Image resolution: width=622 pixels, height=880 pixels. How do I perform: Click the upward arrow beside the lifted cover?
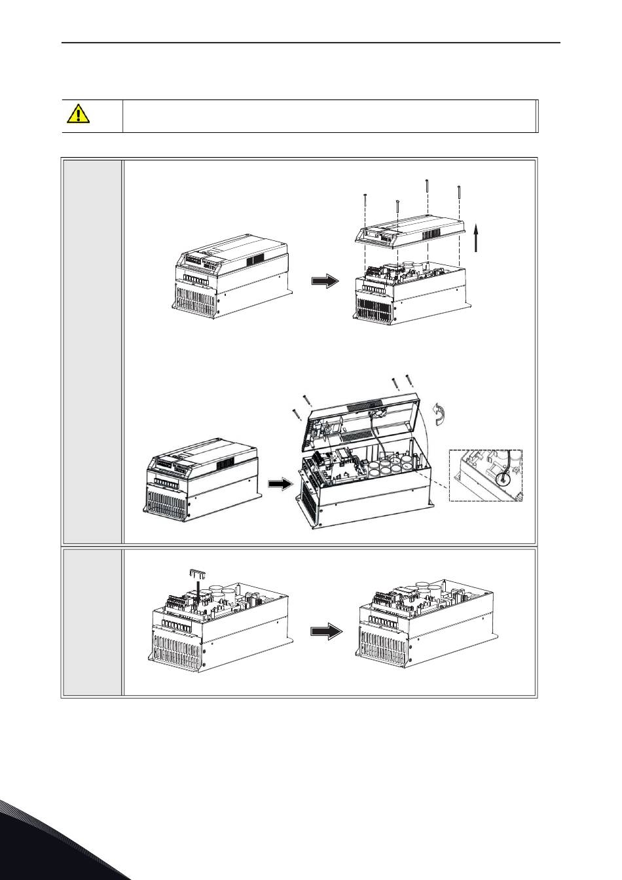[x=477, y=236]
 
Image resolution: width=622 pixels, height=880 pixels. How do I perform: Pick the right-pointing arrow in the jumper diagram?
[x=325, y=632]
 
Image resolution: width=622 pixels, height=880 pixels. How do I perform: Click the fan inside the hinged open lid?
[x=378, y=413]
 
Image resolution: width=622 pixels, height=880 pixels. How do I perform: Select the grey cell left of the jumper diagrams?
[x=92, y=621]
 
